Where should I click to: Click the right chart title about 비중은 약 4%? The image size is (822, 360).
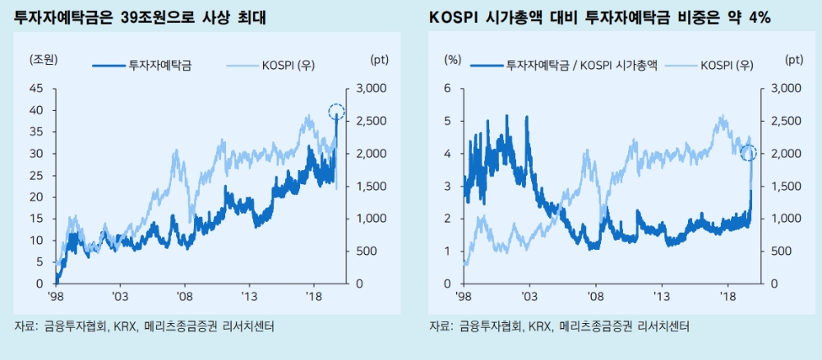(x=599, y=17)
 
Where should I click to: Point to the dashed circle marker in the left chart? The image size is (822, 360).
(x=336, y=113)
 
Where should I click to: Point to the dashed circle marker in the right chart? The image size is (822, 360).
(x=748, y=153)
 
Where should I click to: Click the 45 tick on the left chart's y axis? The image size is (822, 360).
(x=36, y=89)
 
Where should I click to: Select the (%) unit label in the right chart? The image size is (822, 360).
(x=453, y=59)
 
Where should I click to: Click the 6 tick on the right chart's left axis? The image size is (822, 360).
(x=448, y=89)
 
